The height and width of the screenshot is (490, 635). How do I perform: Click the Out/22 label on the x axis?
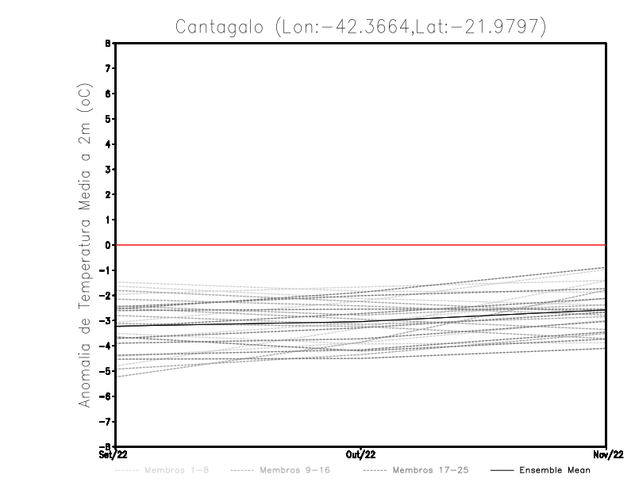(x=361, y=454)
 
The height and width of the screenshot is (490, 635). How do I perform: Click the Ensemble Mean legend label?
(x=554, y=470)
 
